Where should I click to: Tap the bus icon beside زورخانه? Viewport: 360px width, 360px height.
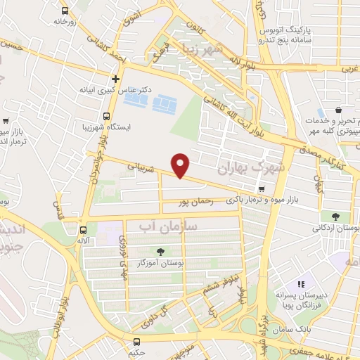coord(65,11)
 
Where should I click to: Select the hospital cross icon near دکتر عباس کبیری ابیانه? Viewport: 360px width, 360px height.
coord(116,78)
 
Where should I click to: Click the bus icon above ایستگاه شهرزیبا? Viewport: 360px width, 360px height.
coord(106,116)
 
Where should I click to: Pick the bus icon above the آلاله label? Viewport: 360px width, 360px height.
coord(84,229)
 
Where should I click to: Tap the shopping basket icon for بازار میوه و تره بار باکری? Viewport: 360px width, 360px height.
coord(262,189)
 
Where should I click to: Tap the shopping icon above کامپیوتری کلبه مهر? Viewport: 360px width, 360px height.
coord(340,110)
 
